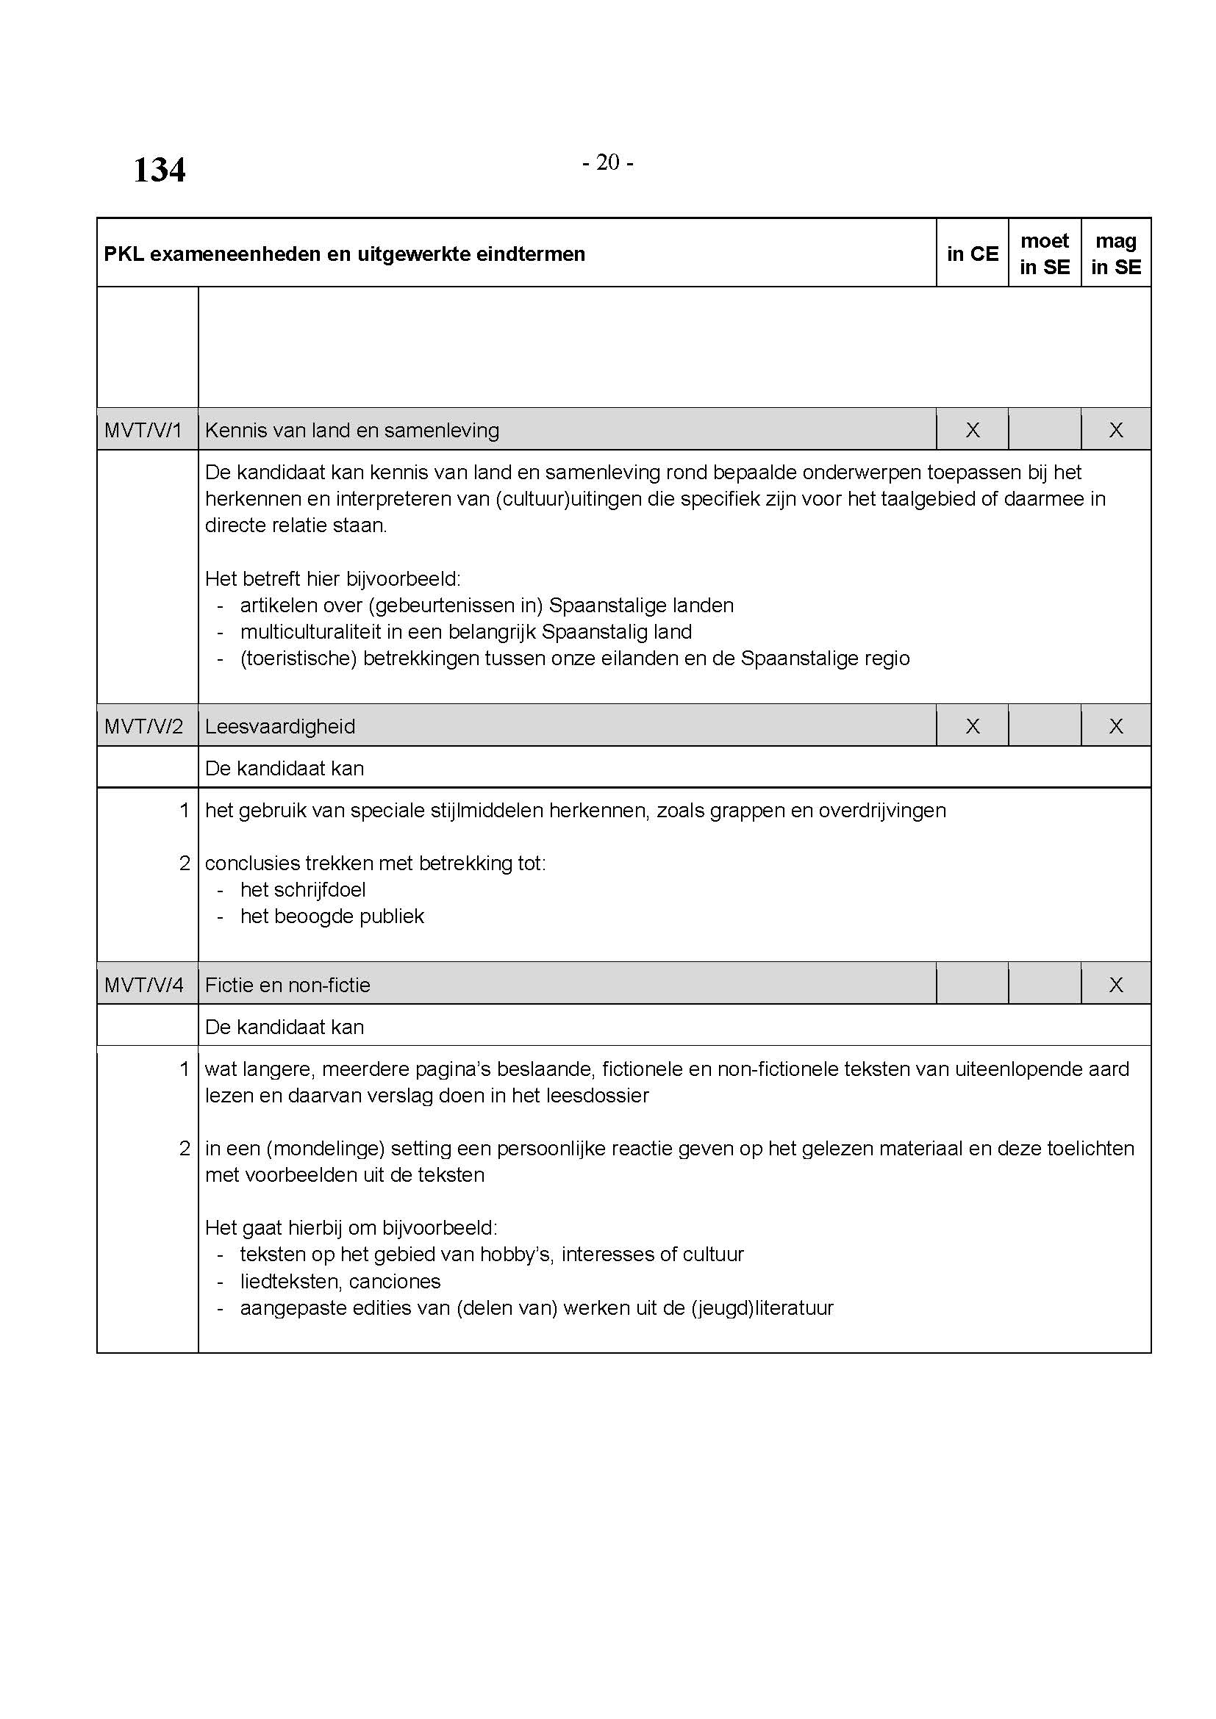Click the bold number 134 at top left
(x=159, y=170)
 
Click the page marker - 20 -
(x=607, y=162)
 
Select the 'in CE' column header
(x=972, y=254)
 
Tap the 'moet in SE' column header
(x=1045, y=254)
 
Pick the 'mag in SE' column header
(x=1116, y=254)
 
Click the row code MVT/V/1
(x=144, y=431)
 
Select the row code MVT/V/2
(x=144, y=726)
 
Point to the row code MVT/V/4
(x=144, y=985)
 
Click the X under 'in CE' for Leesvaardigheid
(x=972, y=726)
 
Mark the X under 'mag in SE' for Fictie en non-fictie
(x=1116, y=985)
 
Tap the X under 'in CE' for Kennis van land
(x=972, y=431)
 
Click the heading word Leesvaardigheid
(x=280, y=726)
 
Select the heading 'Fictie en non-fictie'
(x=287, y=985)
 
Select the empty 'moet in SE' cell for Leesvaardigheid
(x=1045, y=726)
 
